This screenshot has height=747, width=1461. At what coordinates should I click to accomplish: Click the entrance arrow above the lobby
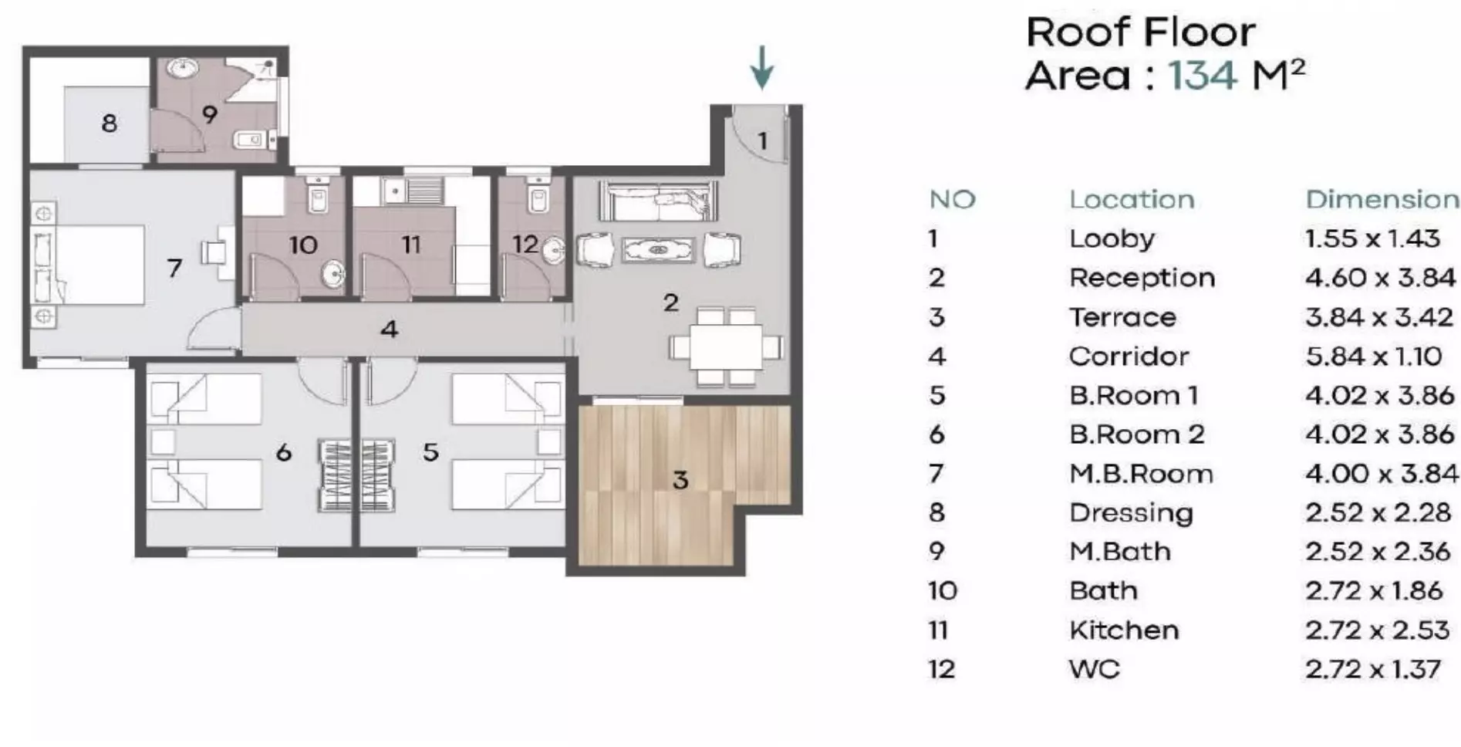tap(762, 67)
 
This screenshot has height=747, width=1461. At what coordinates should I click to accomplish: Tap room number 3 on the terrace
tap(680, 480)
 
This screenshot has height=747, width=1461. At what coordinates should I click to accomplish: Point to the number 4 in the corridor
tap(389, 330)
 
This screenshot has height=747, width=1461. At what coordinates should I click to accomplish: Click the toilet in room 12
tap(538, 198)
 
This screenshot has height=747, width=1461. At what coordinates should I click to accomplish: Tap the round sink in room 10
tap(333, 273)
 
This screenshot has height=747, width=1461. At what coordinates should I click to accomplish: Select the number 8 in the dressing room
tap(109, 123)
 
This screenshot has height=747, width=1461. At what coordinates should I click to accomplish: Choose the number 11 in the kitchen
tap(410, 245)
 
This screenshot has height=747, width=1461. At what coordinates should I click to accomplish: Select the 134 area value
tap(1203, 76)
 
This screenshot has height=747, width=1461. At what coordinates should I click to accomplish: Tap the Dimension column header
tap(1382, 200)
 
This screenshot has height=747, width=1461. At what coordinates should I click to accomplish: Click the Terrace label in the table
tap(1122, 317)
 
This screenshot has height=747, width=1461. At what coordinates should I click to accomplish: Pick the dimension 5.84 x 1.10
tap(1373, 357)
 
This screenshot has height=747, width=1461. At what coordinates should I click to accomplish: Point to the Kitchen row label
tap(1124, 630)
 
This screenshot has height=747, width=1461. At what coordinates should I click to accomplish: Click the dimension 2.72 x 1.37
tap(1372, 669)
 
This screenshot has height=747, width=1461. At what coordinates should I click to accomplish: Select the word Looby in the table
tap(1112, 239)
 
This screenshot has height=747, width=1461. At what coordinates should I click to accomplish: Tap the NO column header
tap(953, 200)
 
